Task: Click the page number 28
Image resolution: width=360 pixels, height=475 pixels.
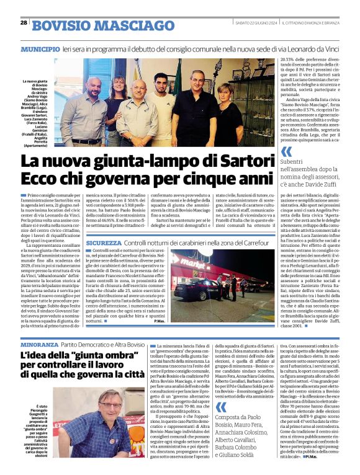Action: [x=24, y=23]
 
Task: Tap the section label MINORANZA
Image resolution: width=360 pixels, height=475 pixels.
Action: [x=38, y=344]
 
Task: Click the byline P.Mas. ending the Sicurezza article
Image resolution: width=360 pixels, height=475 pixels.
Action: [x=160, y=321]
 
